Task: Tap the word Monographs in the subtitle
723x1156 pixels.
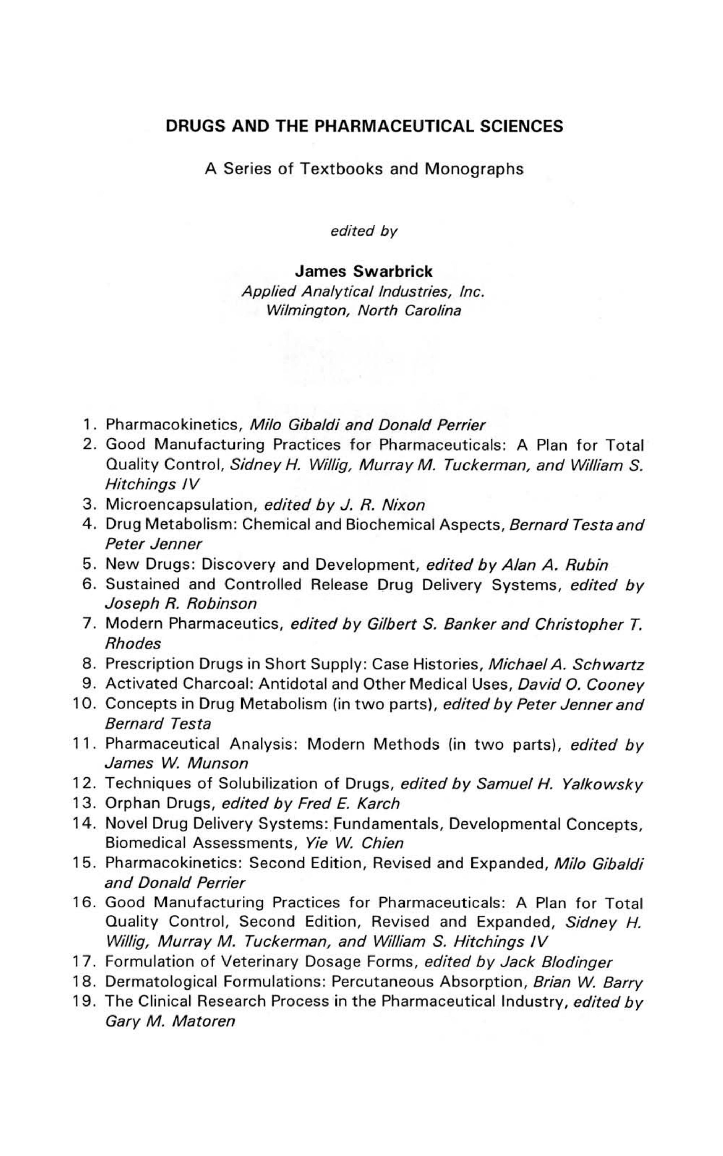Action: [474, 169]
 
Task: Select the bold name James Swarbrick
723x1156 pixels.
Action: [364, 271]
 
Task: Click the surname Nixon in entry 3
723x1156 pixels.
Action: [403, 505]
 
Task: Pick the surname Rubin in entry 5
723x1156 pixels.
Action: [587, 565]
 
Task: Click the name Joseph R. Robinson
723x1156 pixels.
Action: [181, 604]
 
